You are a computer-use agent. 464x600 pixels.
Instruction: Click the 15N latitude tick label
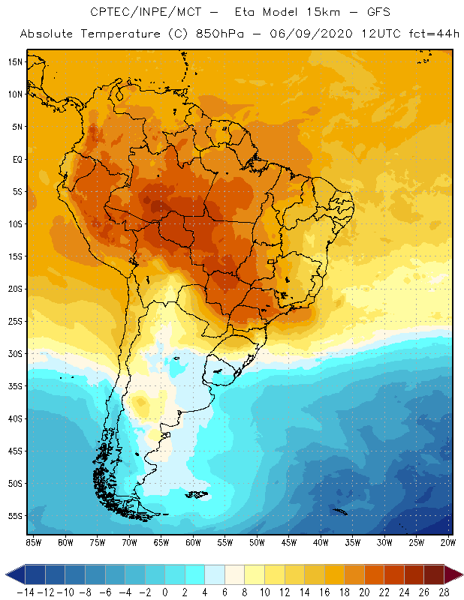tap(15, 62)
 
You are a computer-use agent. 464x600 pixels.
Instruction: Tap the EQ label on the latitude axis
tap(17, 159)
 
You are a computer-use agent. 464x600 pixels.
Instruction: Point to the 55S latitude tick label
tap(15, 516)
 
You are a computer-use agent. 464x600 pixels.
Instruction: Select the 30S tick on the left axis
tap(15, 353)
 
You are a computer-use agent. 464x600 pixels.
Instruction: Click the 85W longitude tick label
tap(34, 542)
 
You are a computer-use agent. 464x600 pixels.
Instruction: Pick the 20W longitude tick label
tap(448, 542)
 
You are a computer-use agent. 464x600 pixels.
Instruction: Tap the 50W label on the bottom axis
tap(257, 542)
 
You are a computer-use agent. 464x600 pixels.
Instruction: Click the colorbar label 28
tap(444, 592)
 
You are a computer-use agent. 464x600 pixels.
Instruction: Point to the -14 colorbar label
tap(26, 592)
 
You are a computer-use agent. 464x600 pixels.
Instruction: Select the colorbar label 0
tap(165, 592)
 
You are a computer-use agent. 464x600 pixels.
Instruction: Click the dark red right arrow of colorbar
tap(453, 574)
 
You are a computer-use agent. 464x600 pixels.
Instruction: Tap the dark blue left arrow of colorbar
tap(15, 574)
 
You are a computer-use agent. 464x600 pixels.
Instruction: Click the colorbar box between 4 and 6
tap(215, 574)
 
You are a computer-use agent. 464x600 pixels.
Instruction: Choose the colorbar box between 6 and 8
tap(234, 574)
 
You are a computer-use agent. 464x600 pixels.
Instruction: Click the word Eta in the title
tap(245, 12)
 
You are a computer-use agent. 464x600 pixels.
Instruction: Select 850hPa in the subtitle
tap(220, 34)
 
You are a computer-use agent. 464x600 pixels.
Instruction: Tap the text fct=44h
tap(434, 34)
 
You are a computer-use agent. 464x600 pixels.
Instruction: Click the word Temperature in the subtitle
tap(120, 34)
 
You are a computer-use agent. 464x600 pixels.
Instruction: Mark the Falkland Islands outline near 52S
tap(197, 494)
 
